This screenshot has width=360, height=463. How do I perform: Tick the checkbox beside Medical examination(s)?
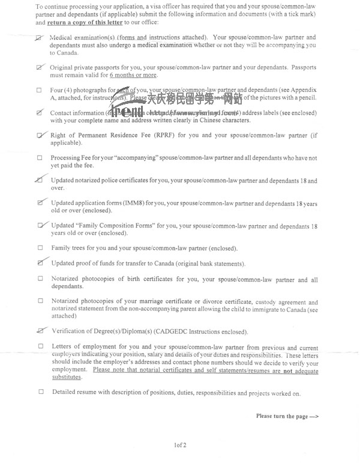click(x=40, y=38)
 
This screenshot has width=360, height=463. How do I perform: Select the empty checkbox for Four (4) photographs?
click(x=40, y=90)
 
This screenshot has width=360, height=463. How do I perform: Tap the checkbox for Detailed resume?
click(x=41, y=393)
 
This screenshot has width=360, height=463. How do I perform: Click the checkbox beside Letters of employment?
click(x=41, y=346)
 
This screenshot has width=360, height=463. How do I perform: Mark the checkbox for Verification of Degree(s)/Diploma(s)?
click(x=40, y=330)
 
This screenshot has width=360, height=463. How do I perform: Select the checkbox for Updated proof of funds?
click(x=40, y=263)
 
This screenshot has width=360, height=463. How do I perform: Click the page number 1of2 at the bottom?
click(x=180, y=445)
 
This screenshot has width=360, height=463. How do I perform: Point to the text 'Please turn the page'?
click(x=287, y=416)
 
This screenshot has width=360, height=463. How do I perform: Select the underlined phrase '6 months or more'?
click(x=133, y=75)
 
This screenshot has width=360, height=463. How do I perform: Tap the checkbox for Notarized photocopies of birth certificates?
click(x=40, y=279)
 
